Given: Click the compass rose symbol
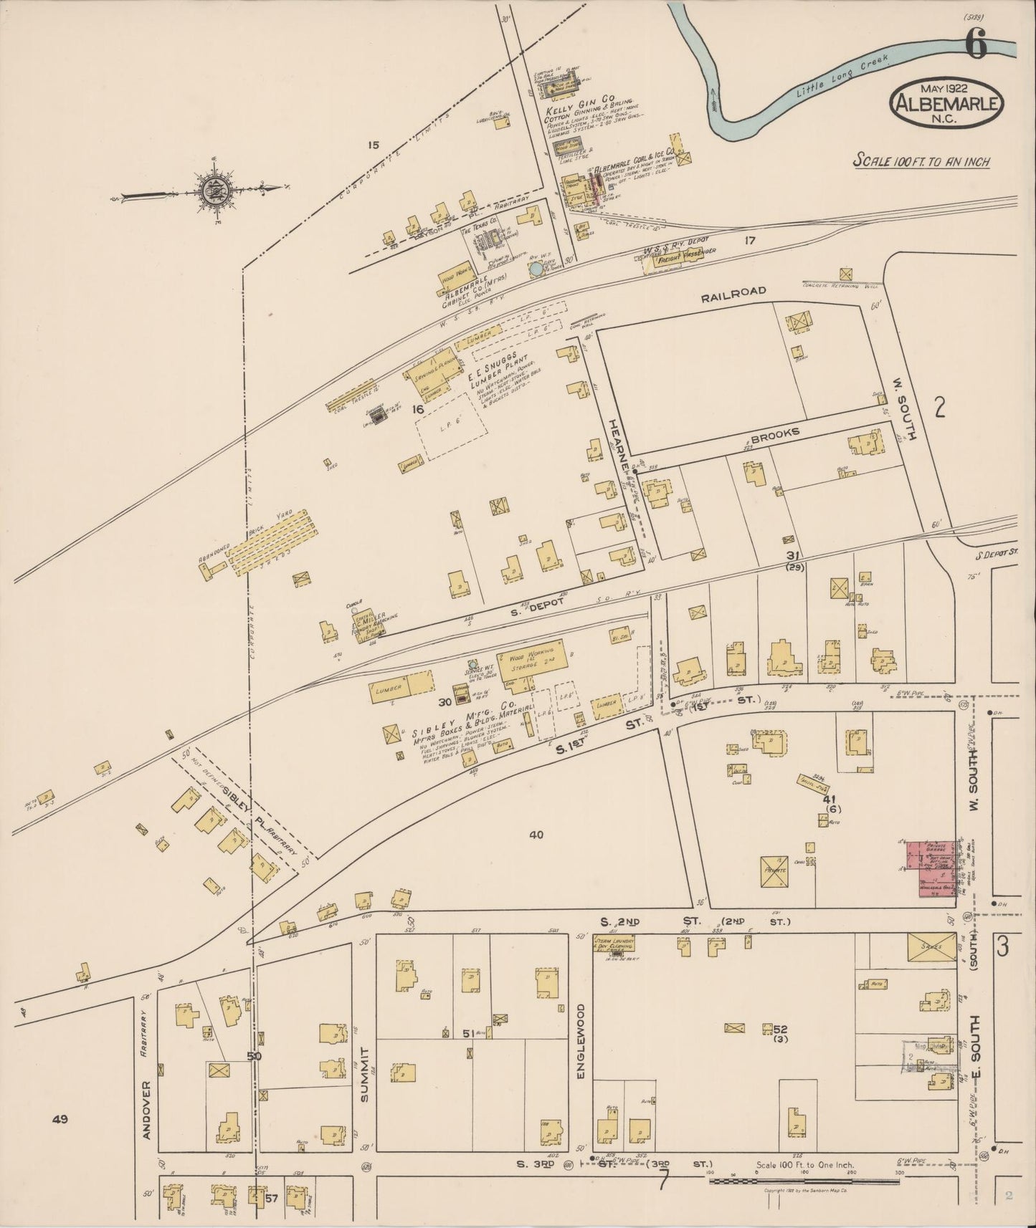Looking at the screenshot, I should (x=212, y=190).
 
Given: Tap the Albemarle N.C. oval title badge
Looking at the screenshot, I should (x=946, y=103).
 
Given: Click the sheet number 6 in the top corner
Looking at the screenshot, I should (x=976, y=45).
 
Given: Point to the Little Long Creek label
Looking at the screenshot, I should (x=842, y=76).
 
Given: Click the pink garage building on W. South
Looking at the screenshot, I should (x=930, y=868).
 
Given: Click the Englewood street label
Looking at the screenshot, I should (x=581, y=1049).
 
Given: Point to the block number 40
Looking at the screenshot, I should (x=536, y=833).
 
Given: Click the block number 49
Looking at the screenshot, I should (x=60, y=1118).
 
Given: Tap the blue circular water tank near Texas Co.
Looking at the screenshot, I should (x=536, y=269).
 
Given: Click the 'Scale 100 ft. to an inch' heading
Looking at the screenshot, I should (x=921, y=162).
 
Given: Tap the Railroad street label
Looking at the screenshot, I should (x=733, y=291).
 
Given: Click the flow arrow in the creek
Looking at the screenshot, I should (x=714, y=100).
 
